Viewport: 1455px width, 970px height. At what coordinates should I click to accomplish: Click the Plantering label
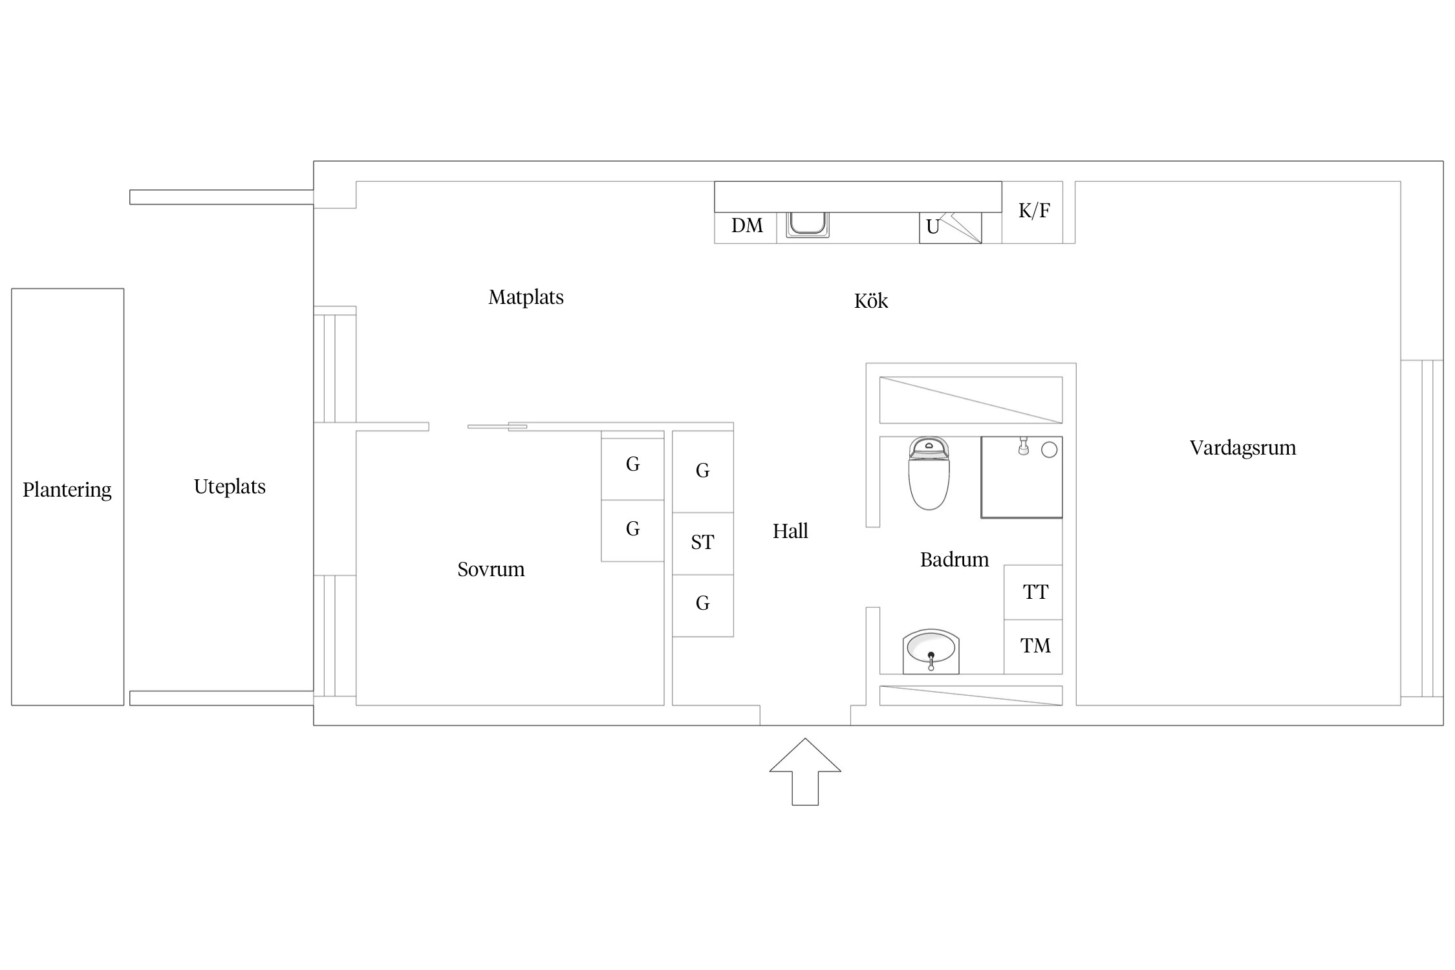pos(67,490)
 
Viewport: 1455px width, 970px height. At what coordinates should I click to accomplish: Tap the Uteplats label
pos(230,487)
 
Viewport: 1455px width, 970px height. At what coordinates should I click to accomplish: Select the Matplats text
pos(526,297)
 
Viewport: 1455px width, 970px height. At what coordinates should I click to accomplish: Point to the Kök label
pos(871,301)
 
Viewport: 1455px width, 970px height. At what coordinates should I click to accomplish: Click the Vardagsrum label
pos(1243,448)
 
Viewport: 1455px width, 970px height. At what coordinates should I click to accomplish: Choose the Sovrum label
pos(491,570)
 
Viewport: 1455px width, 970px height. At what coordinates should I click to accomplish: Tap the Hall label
pos(790,532)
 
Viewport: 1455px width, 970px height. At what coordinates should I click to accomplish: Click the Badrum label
pos(954,560)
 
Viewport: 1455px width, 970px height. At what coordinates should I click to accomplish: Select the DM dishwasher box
pos(746,228)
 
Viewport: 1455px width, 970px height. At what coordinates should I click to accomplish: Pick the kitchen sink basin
pos(808,224)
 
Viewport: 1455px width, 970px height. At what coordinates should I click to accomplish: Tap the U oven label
pos(932,227)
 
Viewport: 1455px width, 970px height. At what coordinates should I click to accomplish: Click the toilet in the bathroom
pos(929,473)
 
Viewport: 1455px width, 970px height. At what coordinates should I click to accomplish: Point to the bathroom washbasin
pos(931,651)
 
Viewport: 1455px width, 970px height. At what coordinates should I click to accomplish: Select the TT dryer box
pos(1033,592)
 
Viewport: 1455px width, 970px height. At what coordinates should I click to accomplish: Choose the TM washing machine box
pos(1033,647)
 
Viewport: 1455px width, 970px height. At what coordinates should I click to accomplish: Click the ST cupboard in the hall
pos(703,544)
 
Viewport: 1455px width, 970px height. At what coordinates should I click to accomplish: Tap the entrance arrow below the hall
pos(805,771)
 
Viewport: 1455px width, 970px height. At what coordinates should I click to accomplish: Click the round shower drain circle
pos(1050,450)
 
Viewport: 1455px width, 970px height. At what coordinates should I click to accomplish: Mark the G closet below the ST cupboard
pos(703,606)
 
